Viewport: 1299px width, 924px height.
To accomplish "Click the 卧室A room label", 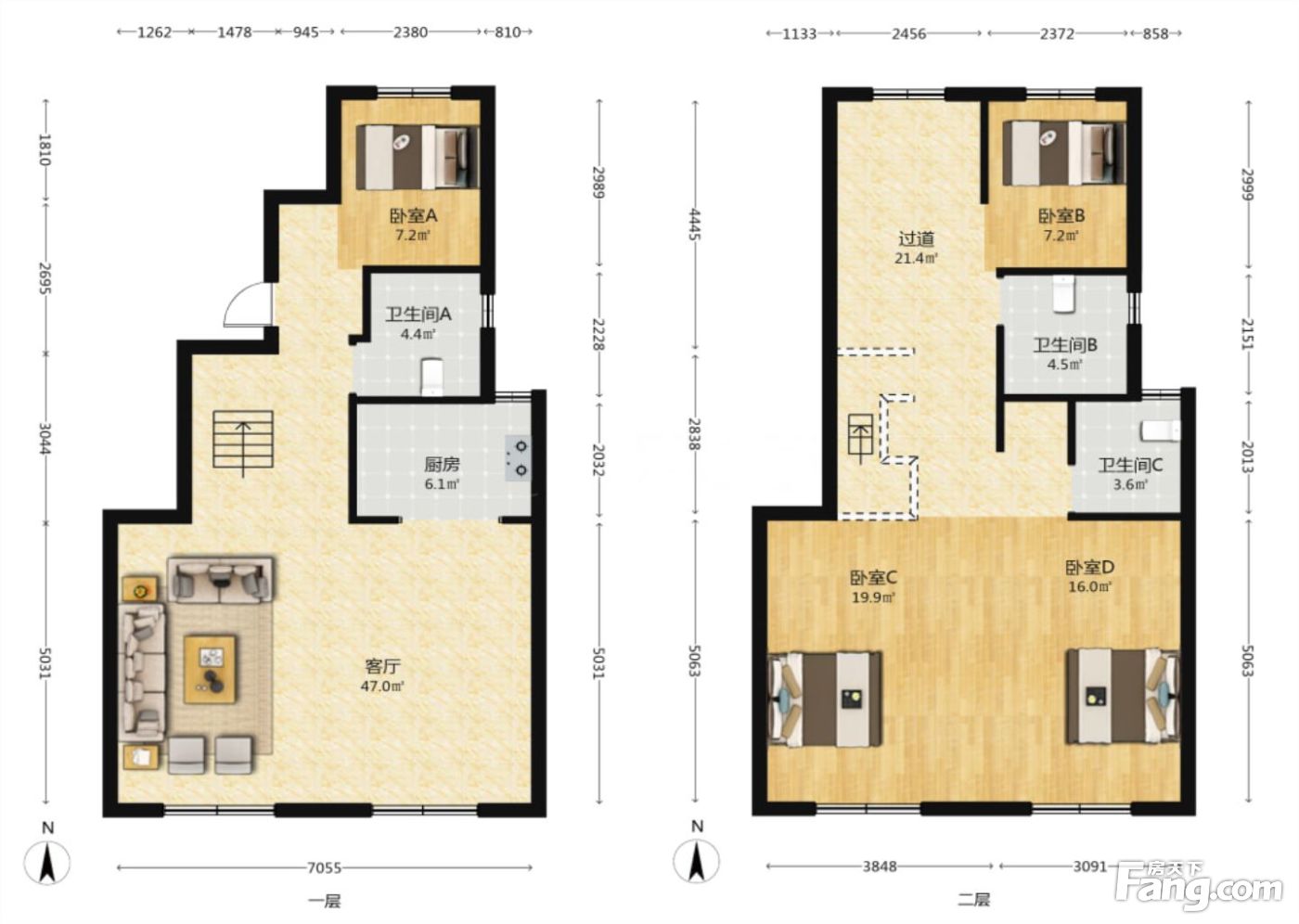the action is [413, 216].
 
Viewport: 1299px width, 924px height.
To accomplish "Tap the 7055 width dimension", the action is [324, 867].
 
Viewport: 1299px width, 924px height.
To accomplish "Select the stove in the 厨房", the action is [518, 458].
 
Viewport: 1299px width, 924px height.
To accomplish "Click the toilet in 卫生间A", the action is [431, 378].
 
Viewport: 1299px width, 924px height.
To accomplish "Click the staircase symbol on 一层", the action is [243, 441].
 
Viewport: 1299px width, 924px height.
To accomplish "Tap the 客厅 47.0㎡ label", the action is [382, 676].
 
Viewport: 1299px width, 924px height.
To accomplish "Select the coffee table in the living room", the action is [210, 669].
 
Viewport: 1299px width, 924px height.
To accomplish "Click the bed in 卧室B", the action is [1063, 153].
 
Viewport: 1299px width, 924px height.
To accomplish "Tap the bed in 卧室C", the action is [824, 699].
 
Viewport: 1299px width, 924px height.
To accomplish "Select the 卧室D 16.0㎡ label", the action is [1090, 575].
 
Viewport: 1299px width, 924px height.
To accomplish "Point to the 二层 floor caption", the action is [973, 900].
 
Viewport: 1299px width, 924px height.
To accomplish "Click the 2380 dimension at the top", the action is [410, 32].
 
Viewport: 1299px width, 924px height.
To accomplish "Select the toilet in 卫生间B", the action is [1063, 294].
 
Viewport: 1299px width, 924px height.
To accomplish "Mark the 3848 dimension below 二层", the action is [880, 866].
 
